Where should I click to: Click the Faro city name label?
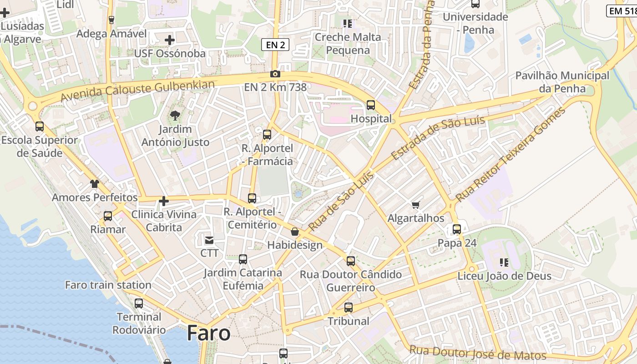coord(208,334)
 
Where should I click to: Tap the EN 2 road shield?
coord(275,45)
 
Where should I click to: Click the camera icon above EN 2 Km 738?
coord(275,74)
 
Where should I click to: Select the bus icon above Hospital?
coord(371,105)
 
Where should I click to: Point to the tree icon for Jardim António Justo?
coord(175,116)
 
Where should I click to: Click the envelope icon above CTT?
coord(209,240)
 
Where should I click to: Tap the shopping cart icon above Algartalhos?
coord(415,205)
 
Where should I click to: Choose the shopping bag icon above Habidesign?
coord(295,232)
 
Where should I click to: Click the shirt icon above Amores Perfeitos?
coord(94,184)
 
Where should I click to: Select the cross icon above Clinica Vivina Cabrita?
coord(164,201)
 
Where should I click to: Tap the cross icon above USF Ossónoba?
coord(170,40)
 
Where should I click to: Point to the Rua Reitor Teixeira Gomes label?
coord(511,155)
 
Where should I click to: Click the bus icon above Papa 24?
coord(457,229)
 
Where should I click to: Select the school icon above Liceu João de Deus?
coord(504,262)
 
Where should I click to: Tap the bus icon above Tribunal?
coord(349,308)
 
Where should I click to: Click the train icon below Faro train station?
coord(139,303)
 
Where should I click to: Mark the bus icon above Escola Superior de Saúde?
coord(40,126)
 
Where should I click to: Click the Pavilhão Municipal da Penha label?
coord(562,82)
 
